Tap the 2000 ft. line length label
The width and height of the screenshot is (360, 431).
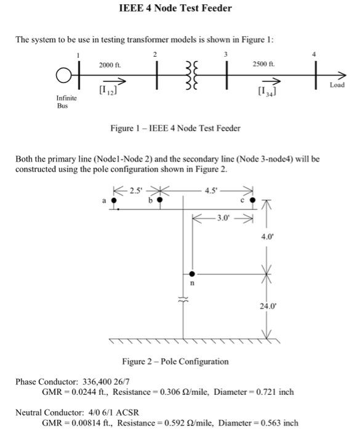110,65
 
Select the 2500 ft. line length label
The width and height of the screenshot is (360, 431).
263,65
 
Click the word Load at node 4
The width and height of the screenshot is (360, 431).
337,85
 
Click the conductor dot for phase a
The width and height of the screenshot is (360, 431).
113,200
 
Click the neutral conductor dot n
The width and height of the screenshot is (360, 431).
192,273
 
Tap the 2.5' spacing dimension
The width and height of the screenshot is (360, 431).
135,189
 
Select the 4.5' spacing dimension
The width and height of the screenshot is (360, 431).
212,189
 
